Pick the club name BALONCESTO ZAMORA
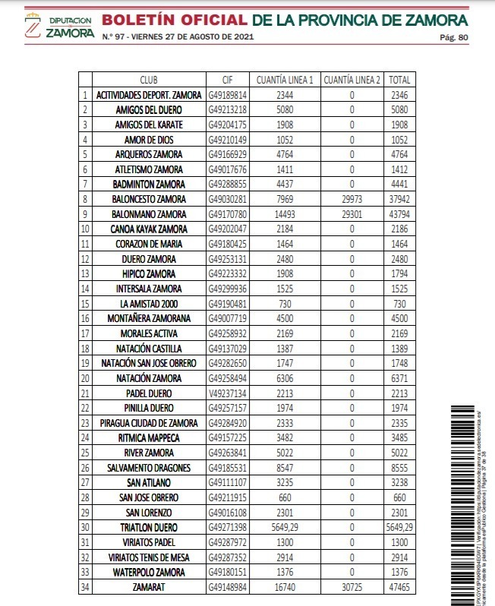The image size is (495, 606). click(x=149, y=200)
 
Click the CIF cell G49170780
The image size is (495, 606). click(x=228, y=214)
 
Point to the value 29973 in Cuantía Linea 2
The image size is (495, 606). click(x=352, y=200)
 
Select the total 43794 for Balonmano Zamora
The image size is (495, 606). click(x=400, y=214)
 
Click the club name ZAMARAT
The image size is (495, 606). click(x=149, y=586)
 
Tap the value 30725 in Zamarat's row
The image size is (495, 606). click(x=352, y=586)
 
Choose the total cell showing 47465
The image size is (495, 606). click(x=400, y=586)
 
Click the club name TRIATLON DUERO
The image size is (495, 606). click(x=149, y=527)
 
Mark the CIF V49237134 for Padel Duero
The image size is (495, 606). click(x=228, y=393)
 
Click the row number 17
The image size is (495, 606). click(x=86, y=333)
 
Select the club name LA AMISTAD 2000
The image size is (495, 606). click(x=149, y=304)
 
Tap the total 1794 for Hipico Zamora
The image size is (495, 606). click(x=400, y=274)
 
